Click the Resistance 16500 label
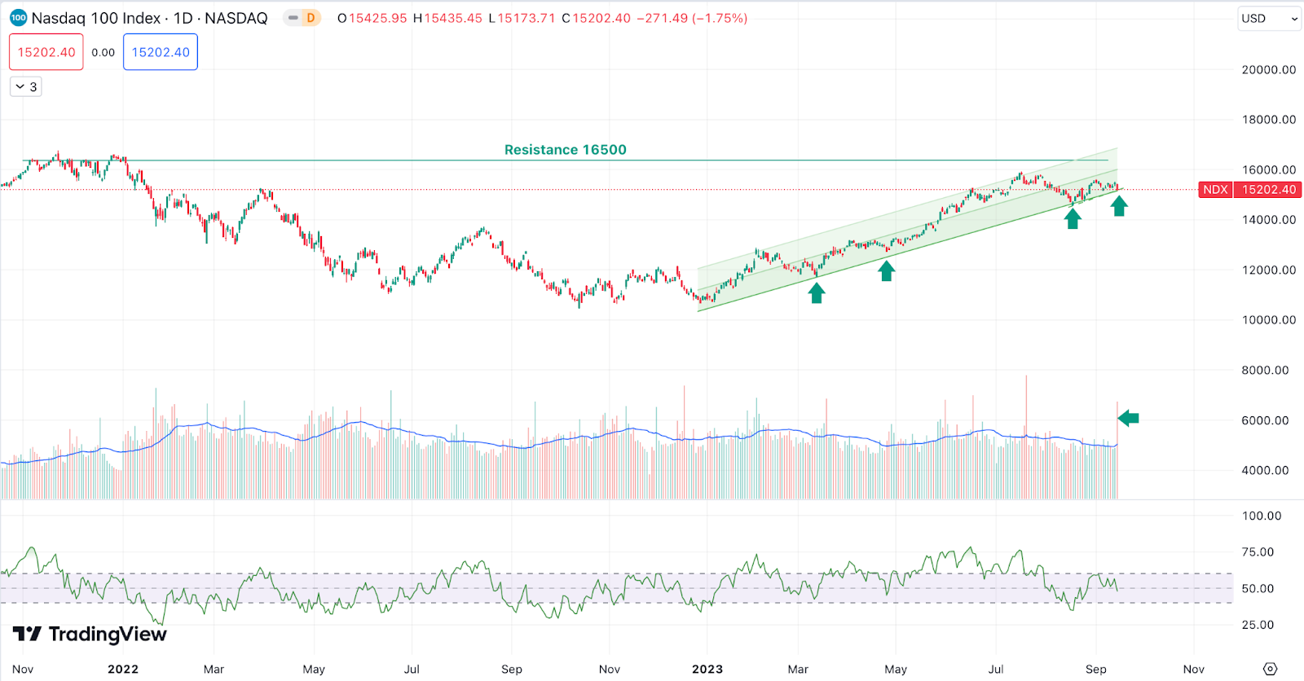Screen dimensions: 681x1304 point(565,150)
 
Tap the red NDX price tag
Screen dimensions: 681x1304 point(1215,190)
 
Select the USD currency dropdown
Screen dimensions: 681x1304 point(1269,19)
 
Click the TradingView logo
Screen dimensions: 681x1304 point(90,634)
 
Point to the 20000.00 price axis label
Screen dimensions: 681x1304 point(1268,70)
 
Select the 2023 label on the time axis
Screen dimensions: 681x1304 point(707,670)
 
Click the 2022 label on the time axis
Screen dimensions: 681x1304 point(123,670)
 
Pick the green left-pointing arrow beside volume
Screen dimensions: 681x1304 point(1129,419)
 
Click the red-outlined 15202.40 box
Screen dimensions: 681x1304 point(46,52)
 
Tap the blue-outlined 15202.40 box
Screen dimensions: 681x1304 point(161,52)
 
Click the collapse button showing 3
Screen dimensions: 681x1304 point(26,86)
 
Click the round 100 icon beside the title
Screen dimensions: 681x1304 point(18,18)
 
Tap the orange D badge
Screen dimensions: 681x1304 point(311,18)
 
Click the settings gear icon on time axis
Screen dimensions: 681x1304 point(1270,669)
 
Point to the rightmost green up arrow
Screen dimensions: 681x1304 point(1119,206)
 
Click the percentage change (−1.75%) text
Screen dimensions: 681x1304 point(720,18)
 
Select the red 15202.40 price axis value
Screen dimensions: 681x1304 point(1268,190)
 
